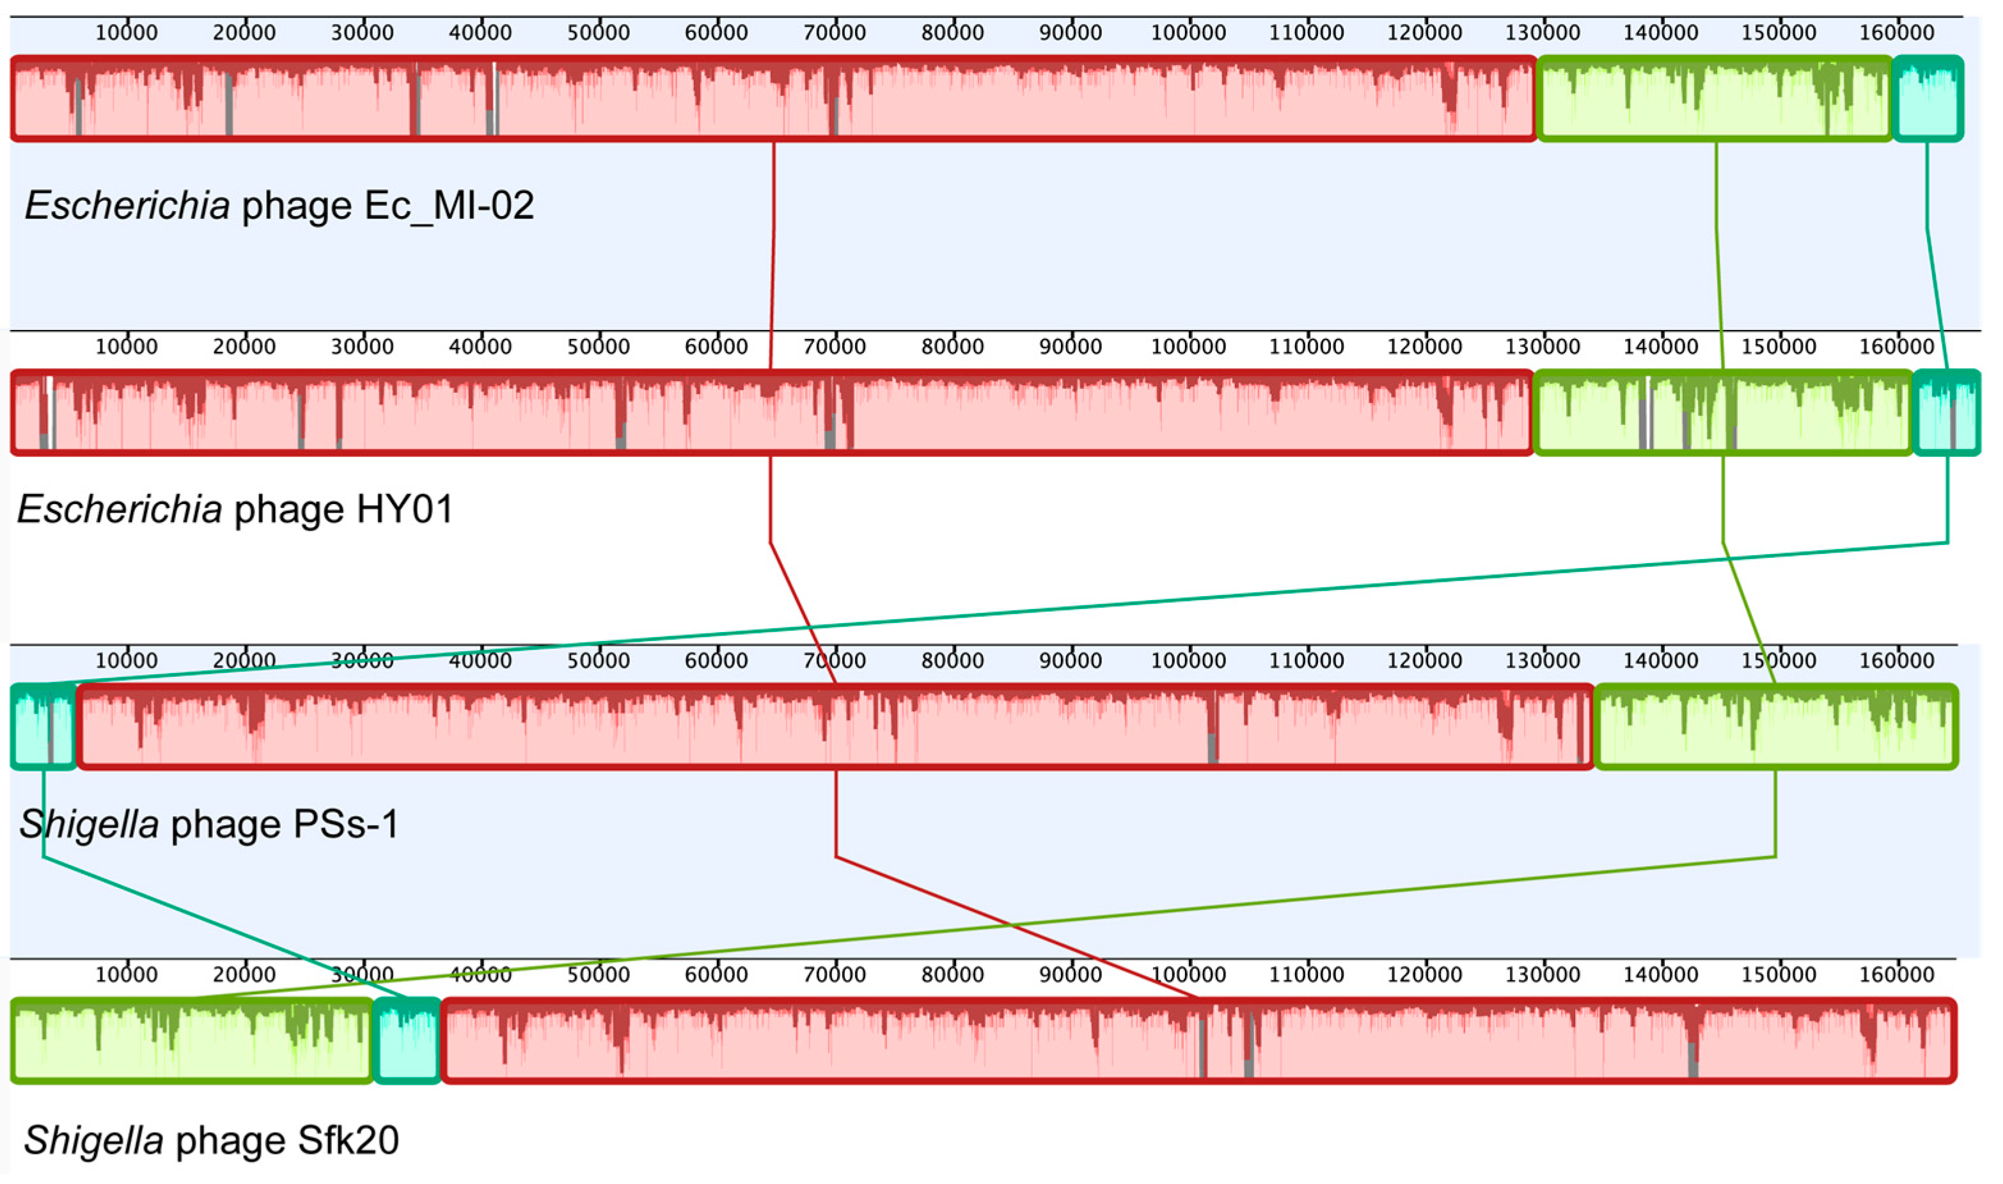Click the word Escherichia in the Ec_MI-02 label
[128, 206]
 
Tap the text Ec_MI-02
[449, 206]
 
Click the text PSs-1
[346, 824]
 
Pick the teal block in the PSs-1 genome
[43, 727]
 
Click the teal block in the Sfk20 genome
[407, 1040]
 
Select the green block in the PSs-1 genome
[1775, 727]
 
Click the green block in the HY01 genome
[1722, 413]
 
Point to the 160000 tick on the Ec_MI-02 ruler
[1896, 33]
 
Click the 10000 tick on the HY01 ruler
[126, 346]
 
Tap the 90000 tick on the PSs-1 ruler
[1070, 661]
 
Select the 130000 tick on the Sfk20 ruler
[1542, 974]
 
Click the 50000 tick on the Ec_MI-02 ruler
[598, 33]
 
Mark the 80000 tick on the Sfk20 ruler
[952, 974]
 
